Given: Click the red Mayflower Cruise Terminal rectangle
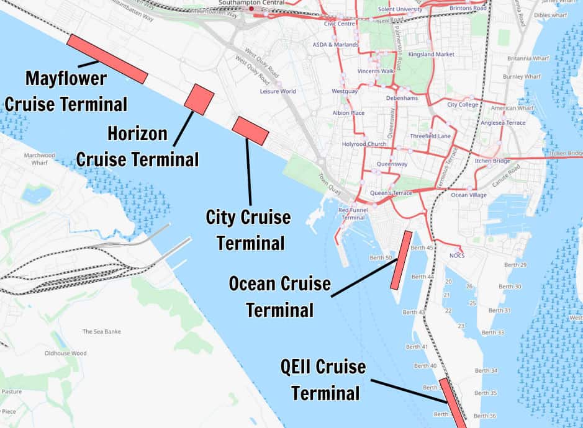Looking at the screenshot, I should tap(107, 59).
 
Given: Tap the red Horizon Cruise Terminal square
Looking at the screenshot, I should tap(199, 99).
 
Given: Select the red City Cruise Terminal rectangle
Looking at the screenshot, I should tap(250, 130).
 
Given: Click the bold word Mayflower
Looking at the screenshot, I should tap(66, 79).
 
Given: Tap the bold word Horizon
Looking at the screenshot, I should tap(137, 133).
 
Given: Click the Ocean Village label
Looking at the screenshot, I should tap(468, 195).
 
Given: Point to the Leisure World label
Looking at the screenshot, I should tap(278, 91).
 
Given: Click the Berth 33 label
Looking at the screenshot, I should tap(492, 332).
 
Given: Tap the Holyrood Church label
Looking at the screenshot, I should tap(364, 144).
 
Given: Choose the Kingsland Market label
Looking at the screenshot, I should tap(431, 55).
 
